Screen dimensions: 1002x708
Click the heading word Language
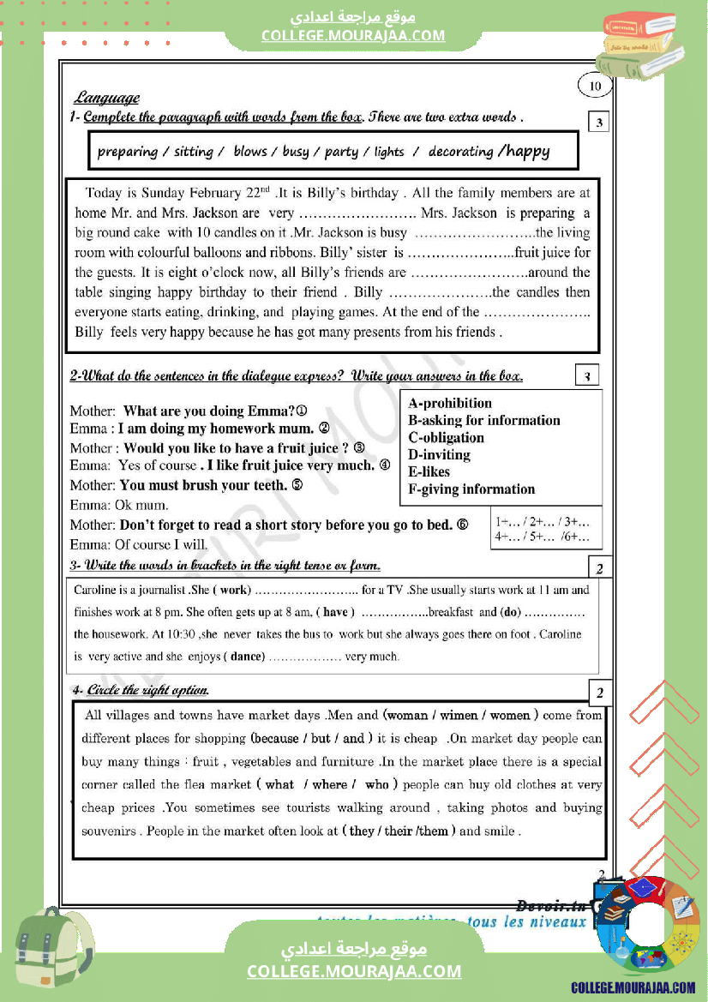tap(106, 98)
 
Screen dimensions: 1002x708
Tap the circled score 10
tap(596, 86)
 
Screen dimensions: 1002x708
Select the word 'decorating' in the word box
tap(460, 152)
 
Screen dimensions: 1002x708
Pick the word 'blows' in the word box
tap(250, 152)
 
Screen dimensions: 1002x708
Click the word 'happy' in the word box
tap(528, 152)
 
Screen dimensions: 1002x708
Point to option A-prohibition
tap(450, 403)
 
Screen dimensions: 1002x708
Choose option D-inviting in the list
tap(439, 454)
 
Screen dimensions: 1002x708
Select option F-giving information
tap(471, 489)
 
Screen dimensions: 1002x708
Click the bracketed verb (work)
tap(231, 590)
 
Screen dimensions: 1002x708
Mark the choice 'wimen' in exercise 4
tap(459, 715)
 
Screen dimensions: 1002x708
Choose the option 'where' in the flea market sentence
tap(330, 784)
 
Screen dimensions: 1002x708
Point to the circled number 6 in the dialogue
tap(463, 525)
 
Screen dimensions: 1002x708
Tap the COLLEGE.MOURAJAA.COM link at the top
tap(353, 35)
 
